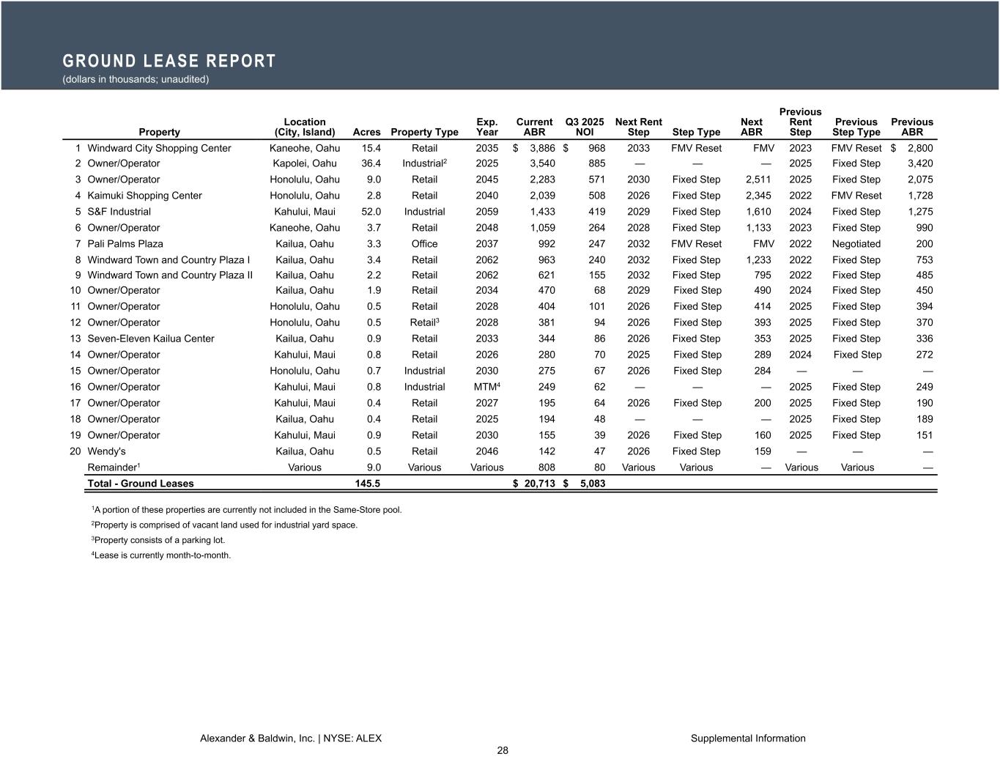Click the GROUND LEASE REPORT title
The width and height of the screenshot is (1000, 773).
(169, 61)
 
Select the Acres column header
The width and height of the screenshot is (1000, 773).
(366, 133)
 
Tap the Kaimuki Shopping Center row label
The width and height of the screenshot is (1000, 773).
(144, 196)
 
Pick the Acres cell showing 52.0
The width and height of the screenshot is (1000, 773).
(371, 212)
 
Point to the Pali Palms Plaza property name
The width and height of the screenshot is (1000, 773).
(125, 244)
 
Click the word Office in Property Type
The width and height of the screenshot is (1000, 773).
(424, 244)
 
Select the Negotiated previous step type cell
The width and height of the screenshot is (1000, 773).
(856, 244)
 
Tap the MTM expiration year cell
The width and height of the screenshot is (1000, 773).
(486, 387)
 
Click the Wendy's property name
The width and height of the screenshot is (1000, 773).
(108, 451)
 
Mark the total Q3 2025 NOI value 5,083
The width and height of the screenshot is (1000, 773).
(591, 484)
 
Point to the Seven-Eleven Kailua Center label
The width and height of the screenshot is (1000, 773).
(151, 339)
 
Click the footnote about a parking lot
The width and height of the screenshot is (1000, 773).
(158, 540)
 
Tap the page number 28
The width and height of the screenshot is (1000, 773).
(503, 750)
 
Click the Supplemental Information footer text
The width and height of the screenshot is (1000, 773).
(747, 739)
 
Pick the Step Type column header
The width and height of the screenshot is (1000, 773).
(696, 133)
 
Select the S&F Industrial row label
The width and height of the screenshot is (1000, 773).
(119, 212)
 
